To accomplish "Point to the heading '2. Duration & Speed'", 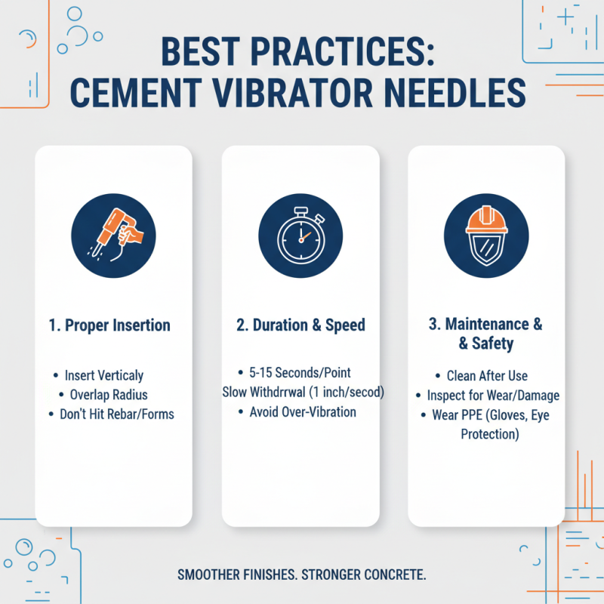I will click(x=300, y=325).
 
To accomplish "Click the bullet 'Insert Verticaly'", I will click(x=103, y=375).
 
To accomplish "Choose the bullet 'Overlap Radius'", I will click(x=109, y=394).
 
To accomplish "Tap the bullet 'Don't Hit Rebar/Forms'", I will click(x=116, y=414).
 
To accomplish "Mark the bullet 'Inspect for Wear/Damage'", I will click(x=493, y=395).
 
